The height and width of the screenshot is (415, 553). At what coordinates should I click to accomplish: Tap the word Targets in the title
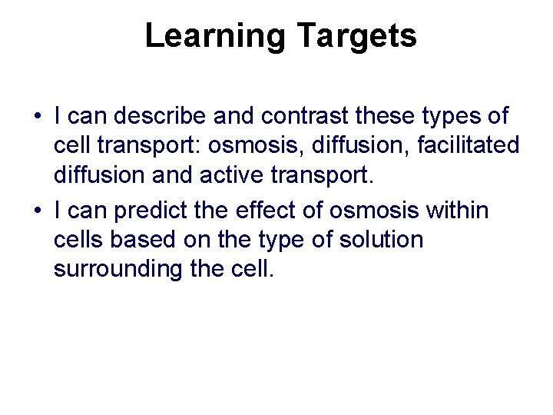point(355,36)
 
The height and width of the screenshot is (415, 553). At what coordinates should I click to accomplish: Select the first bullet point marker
point(37,118)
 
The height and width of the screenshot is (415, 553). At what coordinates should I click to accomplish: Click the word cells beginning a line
point(78,240)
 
